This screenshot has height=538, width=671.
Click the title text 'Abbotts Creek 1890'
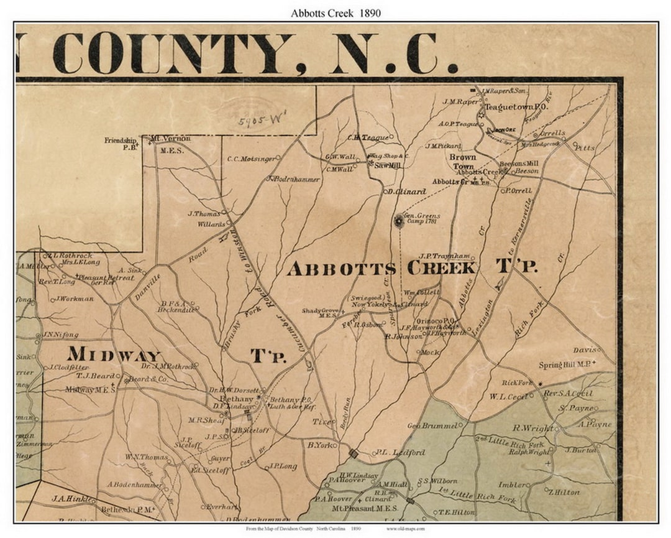[335, 12]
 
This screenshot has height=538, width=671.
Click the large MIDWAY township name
[115, 355]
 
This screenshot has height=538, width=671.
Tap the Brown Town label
[463, 162]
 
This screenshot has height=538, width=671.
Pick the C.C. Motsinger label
[250, 159]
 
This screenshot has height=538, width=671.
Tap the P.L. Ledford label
[400, 453]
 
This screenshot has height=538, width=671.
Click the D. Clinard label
[405, 192]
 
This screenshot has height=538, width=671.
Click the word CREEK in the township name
[442, 268]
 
